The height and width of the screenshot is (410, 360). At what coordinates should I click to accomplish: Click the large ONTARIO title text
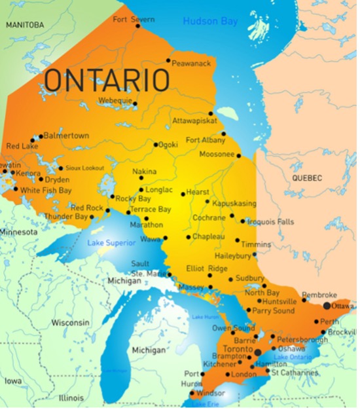click(106, 80)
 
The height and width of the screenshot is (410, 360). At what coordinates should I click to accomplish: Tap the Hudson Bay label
click(209, 21)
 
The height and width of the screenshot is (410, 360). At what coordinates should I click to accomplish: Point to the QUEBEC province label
click(307, 178)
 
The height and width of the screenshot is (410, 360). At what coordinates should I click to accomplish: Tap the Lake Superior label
click(111, 243)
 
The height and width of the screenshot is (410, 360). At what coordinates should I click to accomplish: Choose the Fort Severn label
click(134, 20)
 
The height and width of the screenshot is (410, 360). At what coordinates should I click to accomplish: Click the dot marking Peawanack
click(168, 61)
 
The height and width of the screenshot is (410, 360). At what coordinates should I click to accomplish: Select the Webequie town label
click(115, 101)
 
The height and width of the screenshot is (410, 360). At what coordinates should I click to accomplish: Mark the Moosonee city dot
click(238, 156)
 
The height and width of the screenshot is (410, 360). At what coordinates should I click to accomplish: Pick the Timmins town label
click(256, 244)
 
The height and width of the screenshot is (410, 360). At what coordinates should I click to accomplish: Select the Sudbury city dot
click(230, 280)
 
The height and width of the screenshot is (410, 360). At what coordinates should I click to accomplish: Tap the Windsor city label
click(211, 394)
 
